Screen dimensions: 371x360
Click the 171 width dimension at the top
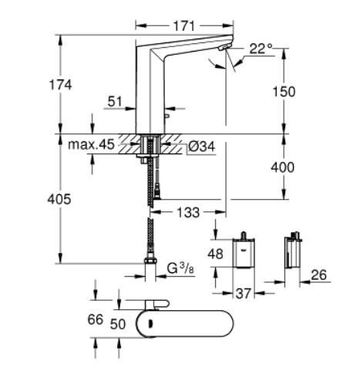tap(182, 26)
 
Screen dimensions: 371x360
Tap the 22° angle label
tap(261, 49)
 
